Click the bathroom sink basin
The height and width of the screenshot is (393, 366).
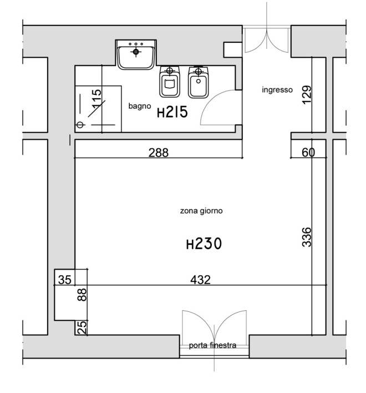(136, 55)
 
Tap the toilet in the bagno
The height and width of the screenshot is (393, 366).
(170, 82)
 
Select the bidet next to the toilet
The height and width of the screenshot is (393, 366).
(199, 82)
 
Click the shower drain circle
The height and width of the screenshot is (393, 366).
(80, 124)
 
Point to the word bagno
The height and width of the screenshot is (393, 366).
(140, 106)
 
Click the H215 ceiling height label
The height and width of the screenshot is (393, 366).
(172, 112)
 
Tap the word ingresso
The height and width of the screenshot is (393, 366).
(277, 90)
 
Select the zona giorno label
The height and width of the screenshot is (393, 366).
(201, 211)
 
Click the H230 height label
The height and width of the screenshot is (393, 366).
(204, 244)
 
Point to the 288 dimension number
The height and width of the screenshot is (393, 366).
(159, 153)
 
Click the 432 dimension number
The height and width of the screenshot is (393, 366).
(201, 280)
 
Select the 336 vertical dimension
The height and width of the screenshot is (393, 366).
(307, 237)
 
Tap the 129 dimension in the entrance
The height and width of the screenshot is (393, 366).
(307, 95)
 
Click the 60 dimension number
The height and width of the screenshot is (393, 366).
(308, 153)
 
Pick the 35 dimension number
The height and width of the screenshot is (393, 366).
(64, 280)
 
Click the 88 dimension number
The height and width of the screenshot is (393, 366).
(82, 295)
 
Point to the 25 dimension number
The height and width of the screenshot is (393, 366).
(82, 327)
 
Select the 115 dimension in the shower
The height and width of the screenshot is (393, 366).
(96, 99)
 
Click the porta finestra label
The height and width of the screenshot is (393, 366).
(212, 345)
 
